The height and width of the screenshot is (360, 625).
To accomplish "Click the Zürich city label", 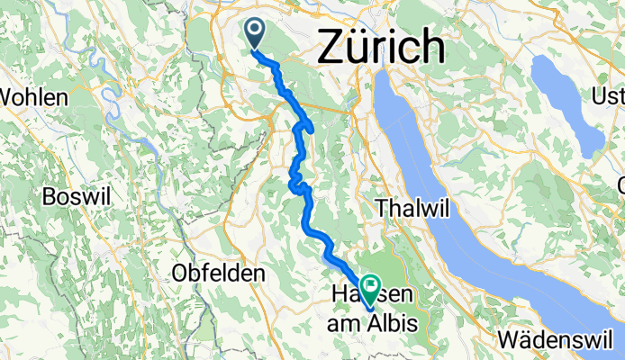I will tap(381, 45).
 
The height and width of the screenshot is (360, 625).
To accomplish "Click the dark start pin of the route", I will tap(255, 34).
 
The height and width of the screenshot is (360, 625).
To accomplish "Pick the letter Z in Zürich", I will tap(331, 46).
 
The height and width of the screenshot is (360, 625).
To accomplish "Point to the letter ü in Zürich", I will tap(358, 46).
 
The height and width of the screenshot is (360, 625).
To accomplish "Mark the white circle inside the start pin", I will tap(255, 31).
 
